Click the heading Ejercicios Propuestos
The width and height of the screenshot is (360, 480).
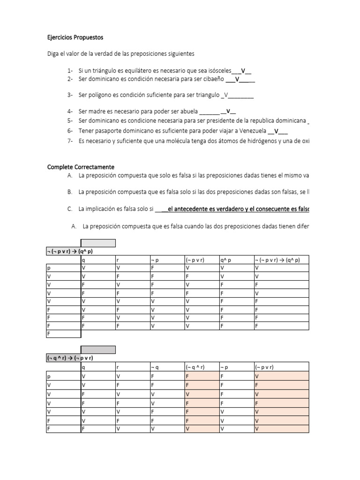(75, 37)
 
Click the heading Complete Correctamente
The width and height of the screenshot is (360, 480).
(81, 167)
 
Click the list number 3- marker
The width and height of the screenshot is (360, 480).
(70, 95)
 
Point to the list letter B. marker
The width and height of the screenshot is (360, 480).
(70, 192)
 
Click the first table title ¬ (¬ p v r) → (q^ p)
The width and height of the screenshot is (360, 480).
(70, 251)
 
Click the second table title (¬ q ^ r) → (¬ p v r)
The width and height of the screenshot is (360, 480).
(70, 358)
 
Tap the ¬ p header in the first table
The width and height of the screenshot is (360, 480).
(155, 260)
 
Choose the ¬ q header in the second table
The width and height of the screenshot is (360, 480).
(155, 367)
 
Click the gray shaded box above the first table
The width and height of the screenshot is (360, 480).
(98, 242)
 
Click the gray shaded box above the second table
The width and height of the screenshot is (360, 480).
(98, 350)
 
